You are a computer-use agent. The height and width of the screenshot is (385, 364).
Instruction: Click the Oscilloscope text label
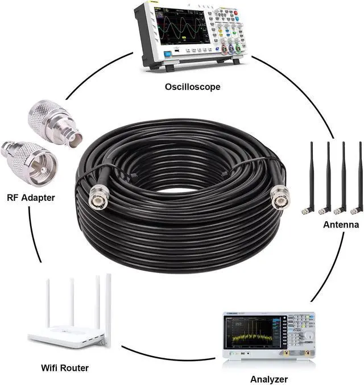click(192, 87)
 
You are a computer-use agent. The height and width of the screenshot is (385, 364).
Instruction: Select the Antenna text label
click(341, 225)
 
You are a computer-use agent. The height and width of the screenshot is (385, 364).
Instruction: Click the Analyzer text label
click(269, 379)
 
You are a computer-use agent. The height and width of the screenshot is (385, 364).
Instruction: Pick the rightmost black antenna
click(359, 176)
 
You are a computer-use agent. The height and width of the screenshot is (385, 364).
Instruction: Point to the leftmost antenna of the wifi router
click(48, 301)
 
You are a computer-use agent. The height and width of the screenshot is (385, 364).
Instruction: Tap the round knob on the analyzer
click(308, 336)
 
